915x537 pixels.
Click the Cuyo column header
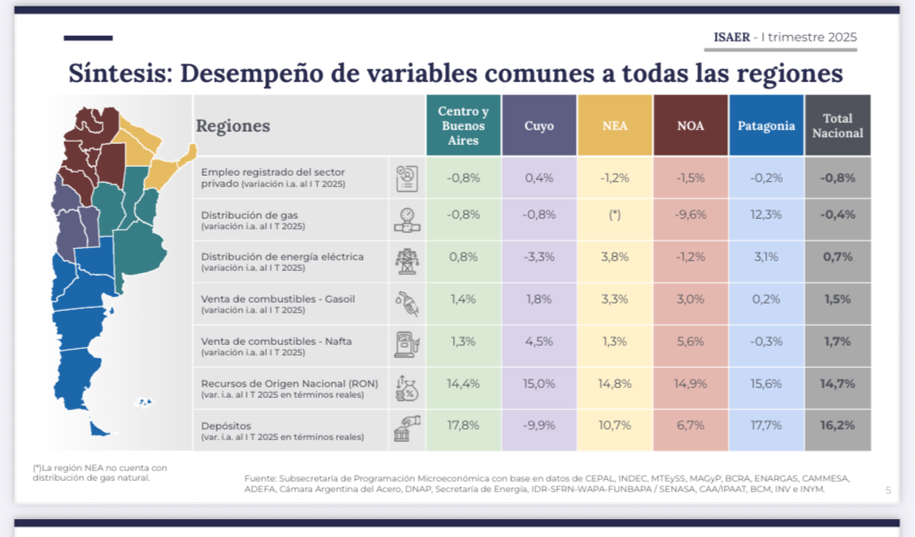tap(539, 126)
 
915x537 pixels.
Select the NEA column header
tap(615, 126)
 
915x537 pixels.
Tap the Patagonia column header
tap(766, 126)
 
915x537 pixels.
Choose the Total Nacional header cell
tap(838, 126)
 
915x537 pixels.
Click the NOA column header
tap(691, 126)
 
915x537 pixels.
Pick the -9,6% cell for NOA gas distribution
tap(691, 215)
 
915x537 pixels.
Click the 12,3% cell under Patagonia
tap(766, 215)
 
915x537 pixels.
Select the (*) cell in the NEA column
tap(615, 215)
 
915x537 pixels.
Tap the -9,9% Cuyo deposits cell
tap(539, 425)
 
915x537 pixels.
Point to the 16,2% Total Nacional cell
tap(838, 425)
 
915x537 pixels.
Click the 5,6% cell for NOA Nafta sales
tap(691, 341)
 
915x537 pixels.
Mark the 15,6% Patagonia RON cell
tap(766, 383)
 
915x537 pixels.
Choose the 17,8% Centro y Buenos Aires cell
tap(464, 425)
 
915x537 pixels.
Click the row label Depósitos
tap(226, 426)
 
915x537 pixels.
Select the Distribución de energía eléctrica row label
tap(282, 256)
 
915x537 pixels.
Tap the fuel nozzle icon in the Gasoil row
tap(406, 303)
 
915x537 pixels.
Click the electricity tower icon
tap(406, 261)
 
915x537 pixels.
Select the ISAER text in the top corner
tap(732, 37)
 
